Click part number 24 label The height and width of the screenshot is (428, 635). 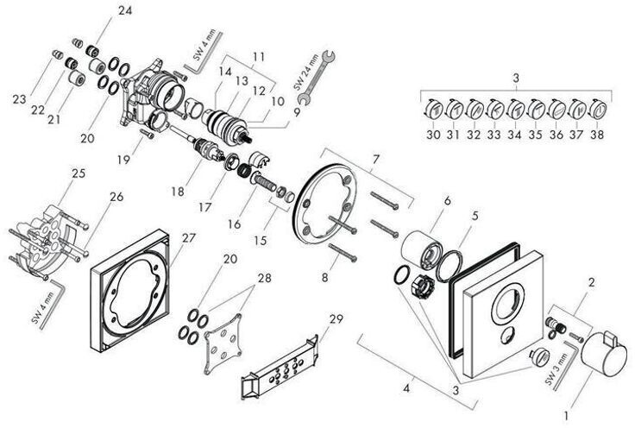(x=126, y=10)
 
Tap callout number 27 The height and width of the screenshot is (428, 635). (x=188, y=236)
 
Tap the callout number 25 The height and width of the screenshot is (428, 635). (x=79, y=173)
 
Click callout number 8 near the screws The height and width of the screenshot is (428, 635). (x=324, y=278)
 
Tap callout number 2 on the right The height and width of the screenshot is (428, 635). (x=592, y=281)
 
